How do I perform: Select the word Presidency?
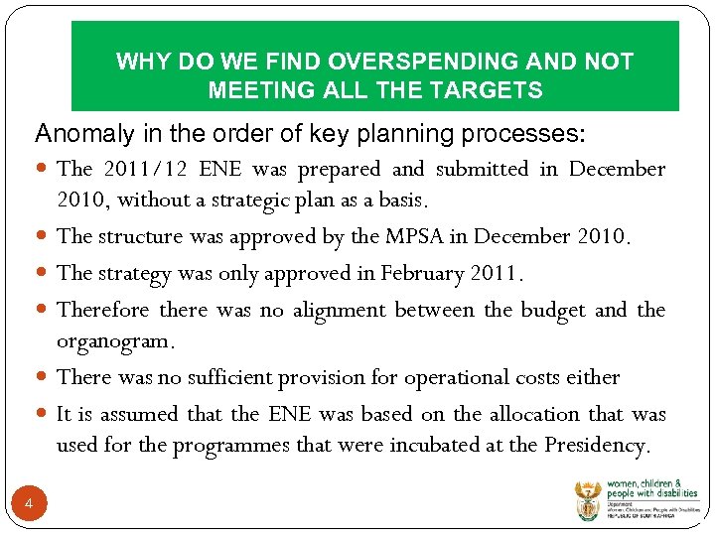(x=597, y=445)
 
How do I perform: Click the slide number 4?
(x=29, y=505)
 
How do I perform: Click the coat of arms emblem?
(x=588, y=500)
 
